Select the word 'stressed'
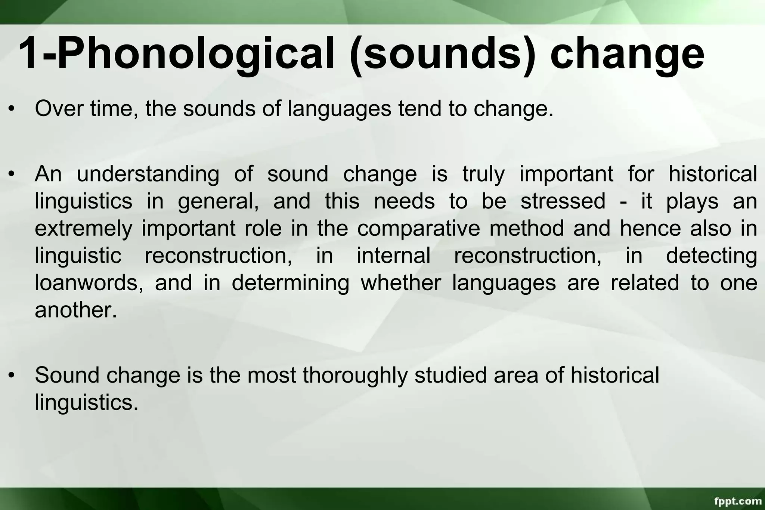pyautogui.click(x=563, y=201)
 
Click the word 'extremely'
pyautogui.click(x=83, y=229)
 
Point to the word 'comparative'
pyautogui.click(x=418, y=229)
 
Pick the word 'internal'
pyautogui.click(x=394, y=256)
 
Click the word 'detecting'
pyautogui.click(x=712, y=256)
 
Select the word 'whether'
pyautogui.click(x=401, y=283)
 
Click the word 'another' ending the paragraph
pyautogui.click(x=75, y=310)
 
